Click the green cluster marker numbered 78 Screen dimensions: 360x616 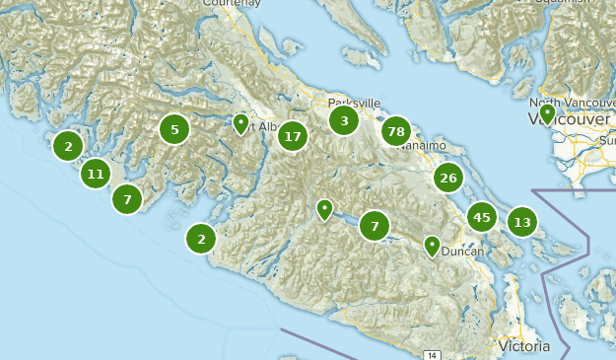point(396,131)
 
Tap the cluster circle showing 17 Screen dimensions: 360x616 point(292,136)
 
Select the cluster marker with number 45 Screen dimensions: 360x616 point(481,217)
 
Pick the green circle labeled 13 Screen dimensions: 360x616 point(522,222)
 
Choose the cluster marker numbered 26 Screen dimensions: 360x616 point(448,179)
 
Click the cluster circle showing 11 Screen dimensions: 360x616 point(96,175)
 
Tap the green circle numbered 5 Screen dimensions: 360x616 point(174,129)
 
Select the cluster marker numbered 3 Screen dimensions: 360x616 point(344,121)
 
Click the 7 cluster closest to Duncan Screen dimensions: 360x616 point(375,227)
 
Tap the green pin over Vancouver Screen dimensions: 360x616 point(547,114)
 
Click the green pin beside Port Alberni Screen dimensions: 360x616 point(240,123)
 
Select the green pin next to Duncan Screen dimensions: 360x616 point(432,245)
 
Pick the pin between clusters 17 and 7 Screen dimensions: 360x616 point(324,209)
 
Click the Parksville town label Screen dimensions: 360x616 point(354,103)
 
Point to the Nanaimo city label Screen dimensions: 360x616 point(425,146)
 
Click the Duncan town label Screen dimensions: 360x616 point(462,252)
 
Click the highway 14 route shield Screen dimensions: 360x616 point(432,354)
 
